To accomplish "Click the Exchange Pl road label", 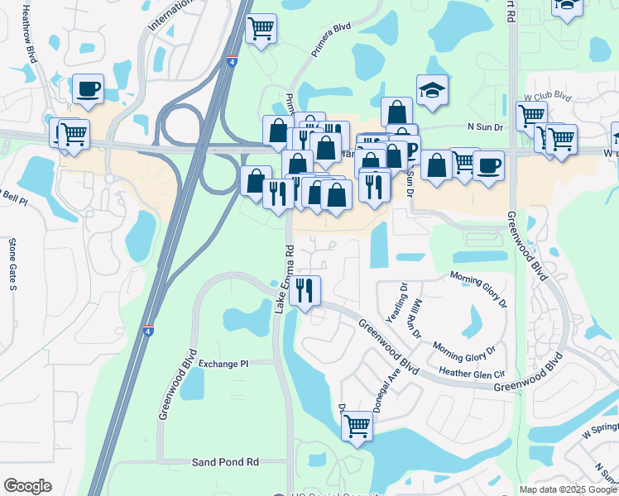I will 223,364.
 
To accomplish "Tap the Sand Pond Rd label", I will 226,462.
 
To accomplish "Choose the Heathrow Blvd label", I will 31,33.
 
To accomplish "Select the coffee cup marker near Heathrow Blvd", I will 88,88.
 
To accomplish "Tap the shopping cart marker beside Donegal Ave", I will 357,427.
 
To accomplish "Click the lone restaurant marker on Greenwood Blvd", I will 305,290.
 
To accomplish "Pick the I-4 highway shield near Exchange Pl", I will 147,330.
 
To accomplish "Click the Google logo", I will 27,486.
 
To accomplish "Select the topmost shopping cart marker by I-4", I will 262,30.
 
